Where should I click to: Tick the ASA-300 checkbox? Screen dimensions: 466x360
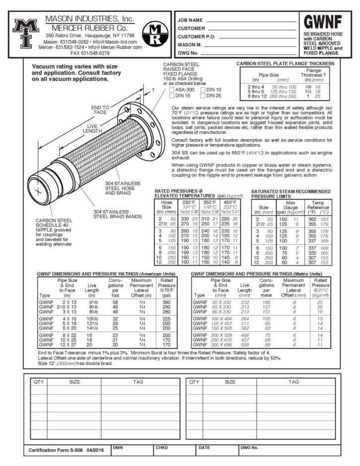point(172,90)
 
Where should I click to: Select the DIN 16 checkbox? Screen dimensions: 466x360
point(172,95)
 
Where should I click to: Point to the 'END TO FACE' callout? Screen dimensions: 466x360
point(101,110)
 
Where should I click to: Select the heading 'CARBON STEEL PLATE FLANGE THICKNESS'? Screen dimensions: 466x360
point(285,64)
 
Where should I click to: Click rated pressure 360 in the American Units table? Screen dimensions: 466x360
point(166,302)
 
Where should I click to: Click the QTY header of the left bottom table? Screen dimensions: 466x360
point(38,382)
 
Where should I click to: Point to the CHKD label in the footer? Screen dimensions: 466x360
point(162,447)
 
